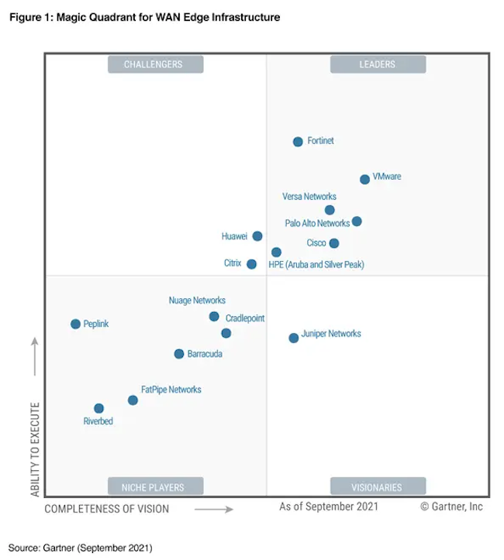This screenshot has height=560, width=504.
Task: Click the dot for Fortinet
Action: coord(298,142)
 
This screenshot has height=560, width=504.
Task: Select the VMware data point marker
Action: coord(364,180)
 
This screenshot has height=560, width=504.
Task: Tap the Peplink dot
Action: coord(75,325)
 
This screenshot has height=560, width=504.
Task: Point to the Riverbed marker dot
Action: coord(98,408)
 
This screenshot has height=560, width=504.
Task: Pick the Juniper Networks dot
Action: coord(293,338)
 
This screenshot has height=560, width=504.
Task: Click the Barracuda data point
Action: coord(179,354)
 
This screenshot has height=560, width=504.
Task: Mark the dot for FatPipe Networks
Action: coord(133,400)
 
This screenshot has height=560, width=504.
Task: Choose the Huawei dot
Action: coord(257,236)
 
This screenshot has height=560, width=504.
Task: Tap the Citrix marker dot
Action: coord(251,264)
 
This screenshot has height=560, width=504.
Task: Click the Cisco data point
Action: coord(334,243)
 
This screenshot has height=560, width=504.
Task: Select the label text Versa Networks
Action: coord(309,197)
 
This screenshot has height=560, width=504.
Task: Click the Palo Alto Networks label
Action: coord(317,223)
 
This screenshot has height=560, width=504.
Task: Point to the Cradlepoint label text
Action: coord(245,318)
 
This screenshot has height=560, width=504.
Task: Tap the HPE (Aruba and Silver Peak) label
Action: coord(316,265)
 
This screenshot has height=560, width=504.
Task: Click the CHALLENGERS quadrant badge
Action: coord(155,64)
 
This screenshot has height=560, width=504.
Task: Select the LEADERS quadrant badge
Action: coord(378,64)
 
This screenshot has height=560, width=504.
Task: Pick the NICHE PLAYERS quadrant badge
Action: coord(155,487)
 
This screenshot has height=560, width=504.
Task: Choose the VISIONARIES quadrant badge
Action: coord(378,487)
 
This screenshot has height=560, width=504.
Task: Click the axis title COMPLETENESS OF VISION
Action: coord(106,509)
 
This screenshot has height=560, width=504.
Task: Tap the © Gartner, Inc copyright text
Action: coord(451,507)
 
